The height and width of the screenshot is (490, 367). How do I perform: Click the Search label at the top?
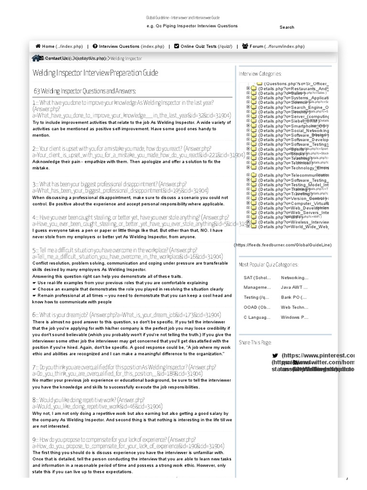pos(287,27)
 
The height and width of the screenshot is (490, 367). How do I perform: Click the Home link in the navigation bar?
pos(52,46)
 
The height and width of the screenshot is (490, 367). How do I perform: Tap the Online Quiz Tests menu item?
pos(203,46)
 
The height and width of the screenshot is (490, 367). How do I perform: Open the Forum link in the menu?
pos(273,46)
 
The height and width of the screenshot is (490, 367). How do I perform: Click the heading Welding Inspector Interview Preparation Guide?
pos(95,73)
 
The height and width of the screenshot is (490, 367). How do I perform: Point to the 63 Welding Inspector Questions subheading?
pos(85,91)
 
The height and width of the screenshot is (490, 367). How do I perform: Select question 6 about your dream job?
pos(126,314)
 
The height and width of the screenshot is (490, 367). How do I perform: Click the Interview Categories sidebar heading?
pos(260,73)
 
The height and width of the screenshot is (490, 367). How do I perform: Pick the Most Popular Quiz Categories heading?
pos(269,264)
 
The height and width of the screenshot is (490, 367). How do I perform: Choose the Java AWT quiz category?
pos(294,287)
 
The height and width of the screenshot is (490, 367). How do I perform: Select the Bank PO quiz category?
pos(294,297)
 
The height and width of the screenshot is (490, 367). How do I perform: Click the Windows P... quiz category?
pos(294,317)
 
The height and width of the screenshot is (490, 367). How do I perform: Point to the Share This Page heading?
pos(255,342)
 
